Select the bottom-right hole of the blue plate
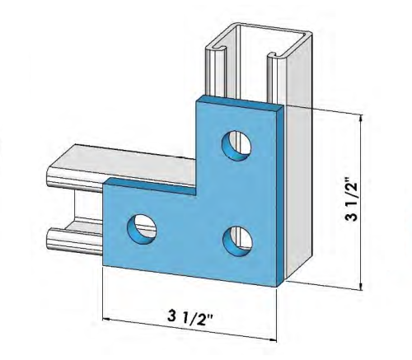click(x=237, y=240)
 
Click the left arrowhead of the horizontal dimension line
click(x=105, y=320)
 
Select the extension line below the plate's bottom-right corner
click(x=277, y=313)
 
